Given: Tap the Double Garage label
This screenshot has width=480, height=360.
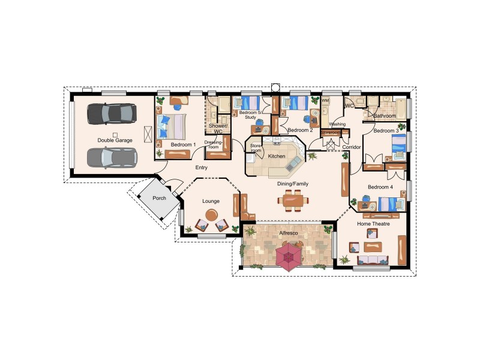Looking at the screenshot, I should coord(115,140).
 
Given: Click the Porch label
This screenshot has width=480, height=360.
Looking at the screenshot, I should coord(159,198).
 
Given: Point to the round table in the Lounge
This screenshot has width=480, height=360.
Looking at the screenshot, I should coord(212,214).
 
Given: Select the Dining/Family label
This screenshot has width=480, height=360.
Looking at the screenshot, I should coord(292,184).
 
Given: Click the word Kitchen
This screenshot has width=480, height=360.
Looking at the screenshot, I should coord(277,156).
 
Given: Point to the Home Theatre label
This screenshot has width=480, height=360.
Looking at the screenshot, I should coord(373,224).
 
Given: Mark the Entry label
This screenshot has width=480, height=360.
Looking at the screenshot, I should coord(202,167).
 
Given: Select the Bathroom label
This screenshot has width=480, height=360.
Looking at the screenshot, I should coord(385,115).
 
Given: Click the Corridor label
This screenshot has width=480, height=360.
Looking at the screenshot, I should coord(351,146).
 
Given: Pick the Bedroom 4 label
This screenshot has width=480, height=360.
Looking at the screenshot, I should coord(380,187).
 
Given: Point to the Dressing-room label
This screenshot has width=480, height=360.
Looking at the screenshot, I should coord(214,144).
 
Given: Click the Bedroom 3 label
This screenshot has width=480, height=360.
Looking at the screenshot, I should coord(386,130).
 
